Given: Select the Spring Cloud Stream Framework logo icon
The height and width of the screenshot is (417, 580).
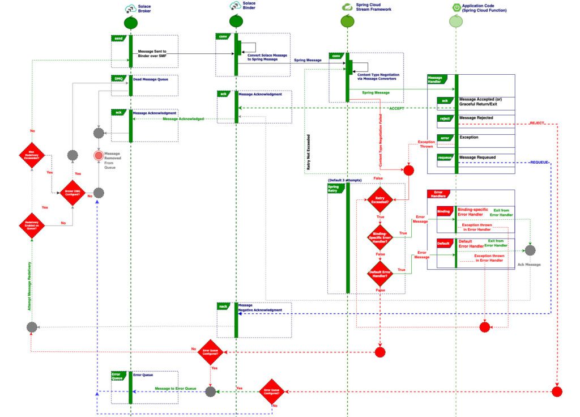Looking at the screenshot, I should (347, 7).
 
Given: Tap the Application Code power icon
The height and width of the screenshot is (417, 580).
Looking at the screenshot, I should (455, 7).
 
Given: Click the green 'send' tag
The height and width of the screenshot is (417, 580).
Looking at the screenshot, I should (119, 38).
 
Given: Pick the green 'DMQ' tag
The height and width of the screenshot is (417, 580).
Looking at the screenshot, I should (119, 78).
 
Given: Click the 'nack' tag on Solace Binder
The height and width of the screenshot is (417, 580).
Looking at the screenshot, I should (224, 306).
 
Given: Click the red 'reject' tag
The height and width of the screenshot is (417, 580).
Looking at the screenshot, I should (445, 118).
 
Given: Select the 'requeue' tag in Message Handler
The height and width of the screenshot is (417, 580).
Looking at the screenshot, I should (445, 158).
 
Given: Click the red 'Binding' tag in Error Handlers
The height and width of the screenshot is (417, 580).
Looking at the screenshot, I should (444, 212).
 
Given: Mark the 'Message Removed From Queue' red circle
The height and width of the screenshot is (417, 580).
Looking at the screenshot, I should (99, 155).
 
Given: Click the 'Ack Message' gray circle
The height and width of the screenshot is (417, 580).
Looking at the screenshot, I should (530, 250).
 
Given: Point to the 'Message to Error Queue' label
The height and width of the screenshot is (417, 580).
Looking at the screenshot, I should (176, 389).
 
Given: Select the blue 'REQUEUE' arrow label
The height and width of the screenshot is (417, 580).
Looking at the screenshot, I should (538, 163).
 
